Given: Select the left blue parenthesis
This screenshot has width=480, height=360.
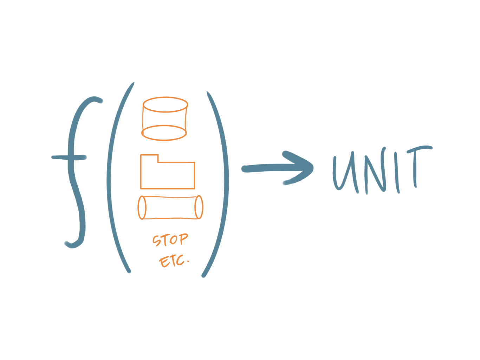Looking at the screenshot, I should [112, 176].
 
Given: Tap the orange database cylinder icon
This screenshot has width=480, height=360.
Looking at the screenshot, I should [164, 119].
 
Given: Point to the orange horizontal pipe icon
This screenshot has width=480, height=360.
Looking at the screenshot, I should [170, 208].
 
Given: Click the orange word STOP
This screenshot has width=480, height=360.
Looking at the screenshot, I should [170, 240].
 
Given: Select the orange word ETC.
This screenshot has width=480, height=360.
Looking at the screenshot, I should [173, 261].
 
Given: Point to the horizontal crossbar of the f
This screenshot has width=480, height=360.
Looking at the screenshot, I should [69, 157].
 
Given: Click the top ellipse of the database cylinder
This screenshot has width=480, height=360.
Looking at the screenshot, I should [165, 105].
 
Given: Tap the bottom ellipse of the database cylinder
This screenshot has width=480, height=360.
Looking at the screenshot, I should [164, 133].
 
